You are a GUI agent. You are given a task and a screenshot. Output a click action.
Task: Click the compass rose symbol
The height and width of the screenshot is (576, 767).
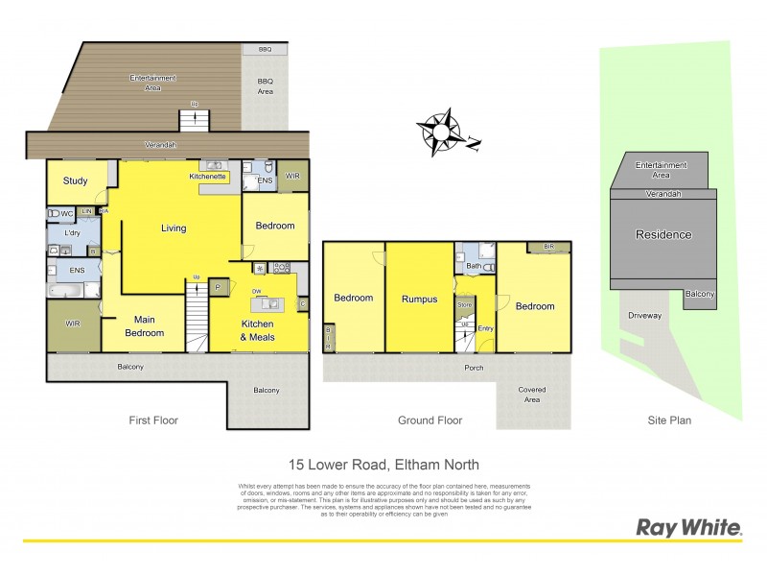click(x=441, y=132)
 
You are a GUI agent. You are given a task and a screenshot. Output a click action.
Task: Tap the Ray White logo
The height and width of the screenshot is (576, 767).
click(x=689, y=527)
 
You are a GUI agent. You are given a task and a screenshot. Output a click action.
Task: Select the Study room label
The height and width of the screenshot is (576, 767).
click(x=76, y=181)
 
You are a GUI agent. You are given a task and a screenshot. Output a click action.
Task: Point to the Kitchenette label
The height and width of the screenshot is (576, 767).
click(x=207, y=177)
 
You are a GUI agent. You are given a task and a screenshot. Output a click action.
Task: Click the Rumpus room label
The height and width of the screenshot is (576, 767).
click(x=419, y=299)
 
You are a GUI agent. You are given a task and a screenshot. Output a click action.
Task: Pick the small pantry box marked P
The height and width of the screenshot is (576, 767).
click(x=218, y=286)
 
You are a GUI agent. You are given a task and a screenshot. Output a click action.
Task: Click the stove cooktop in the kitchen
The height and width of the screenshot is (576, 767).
click(x=282, y=267)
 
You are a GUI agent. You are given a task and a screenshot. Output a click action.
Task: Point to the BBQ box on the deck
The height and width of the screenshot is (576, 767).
click(x=265, y=49)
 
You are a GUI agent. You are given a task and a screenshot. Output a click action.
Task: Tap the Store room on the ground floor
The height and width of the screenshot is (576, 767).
click(x=465, y=304)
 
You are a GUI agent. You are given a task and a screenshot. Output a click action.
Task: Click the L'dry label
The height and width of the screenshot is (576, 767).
click(x=72, y=233)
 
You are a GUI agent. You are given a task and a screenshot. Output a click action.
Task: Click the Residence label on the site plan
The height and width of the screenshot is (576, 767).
click(x=664, y=234)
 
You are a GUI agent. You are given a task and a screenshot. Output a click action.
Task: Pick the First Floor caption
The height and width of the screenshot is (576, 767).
click(x=153, y=420)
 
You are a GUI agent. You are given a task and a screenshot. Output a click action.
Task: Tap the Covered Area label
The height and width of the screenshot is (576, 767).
click(x=532, y=395)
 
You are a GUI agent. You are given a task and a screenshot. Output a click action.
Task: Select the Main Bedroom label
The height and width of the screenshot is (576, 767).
click(x=144, y=326)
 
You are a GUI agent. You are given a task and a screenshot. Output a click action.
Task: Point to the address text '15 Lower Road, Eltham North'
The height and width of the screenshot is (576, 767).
click(x=383, y=465)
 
